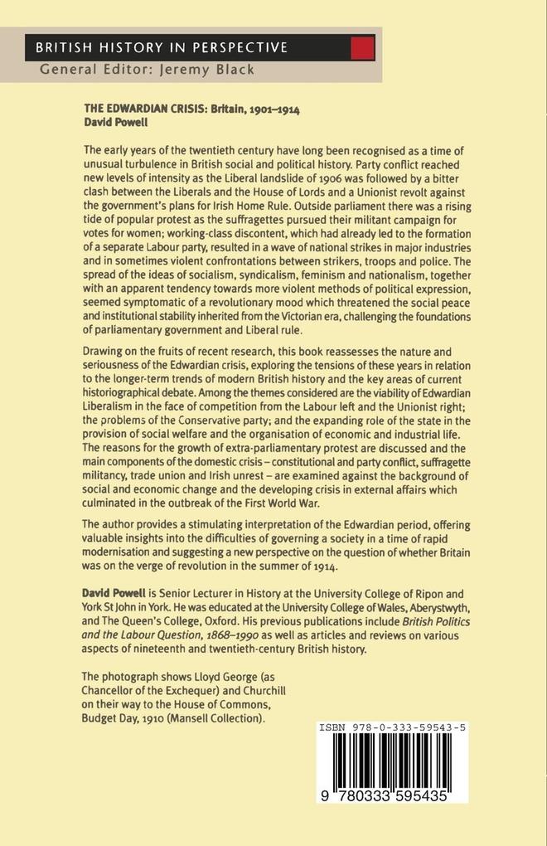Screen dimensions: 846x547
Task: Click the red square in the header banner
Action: (363, 47)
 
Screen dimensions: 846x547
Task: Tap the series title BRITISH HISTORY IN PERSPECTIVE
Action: (162, 48)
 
